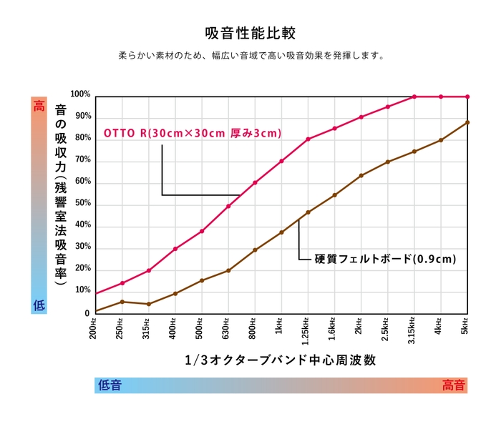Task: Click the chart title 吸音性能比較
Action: (250, 34)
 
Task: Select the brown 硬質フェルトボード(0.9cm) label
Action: (385, 258)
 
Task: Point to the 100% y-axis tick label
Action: (81, 94)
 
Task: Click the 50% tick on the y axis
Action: (83, 204)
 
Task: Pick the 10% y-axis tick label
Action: (83, 291)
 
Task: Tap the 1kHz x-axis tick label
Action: (281, 325)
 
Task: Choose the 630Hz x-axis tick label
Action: (227, 327)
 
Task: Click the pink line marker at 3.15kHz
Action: (414, 97)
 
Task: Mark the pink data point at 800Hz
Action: (255, 182)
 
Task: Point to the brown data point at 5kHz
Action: (467, 122)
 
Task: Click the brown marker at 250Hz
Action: (122, 302)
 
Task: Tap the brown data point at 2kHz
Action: (361, 175)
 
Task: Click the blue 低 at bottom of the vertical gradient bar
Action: (39, 305)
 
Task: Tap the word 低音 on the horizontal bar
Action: (110, 385)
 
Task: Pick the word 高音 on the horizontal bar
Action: (453, 385)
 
